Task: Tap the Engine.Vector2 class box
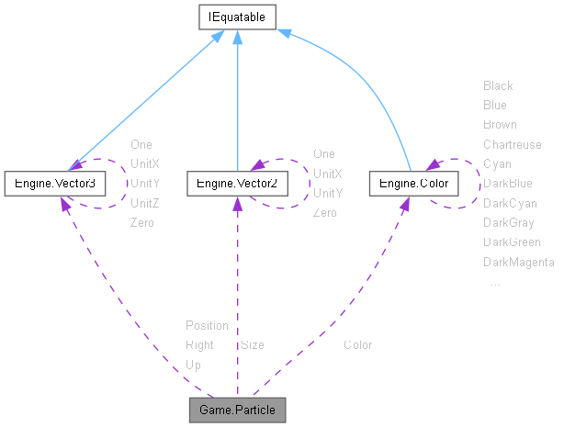tap(237, 184)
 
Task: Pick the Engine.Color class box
tap(414, 184)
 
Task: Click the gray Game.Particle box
tap(237, 409)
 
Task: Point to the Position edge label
tap(207, 325)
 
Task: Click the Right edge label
tap(199, 345)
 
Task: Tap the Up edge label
tap(193, 365)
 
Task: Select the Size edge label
tap(253, 345)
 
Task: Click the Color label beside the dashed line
tap(357, 345)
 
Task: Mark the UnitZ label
tap(145, 203)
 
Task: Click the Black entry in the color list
tap(498, 85)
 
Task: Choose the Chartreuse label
tap(512, 144)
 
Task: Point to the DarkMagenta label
tap(518, 263)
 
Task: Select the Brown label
tap(500, 124)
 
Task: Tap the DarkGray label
tap(509, 222)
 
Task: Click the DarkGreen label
tap(512, 242)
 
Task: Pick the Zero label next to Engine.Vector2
tap(324, 213)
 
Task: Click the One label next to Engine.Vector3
tap(141, 144)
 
